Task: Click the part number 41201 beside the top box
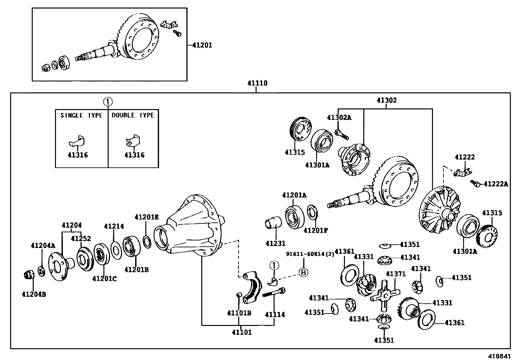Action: pyautogui.click(x=202, y=45)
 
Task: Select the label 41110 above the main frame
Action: pyautogui.click(x=257, y=83)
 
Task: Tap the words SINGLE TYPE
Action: pyautogui.click(x=81, y=115)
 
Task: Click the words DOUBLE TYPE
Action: pyautogui.click(x=133, y=115)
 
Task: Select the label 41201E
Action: pyautogui.click(x=146, y=217)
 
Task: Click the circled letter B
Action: pyautogui.click(x=304, y=272)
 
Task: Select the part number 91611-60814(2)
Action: pyautogui.click(x=310, y=254)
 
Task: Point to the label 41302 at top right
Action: pyautogui.click(x=386, y=100)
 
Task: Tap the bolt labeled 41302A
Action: pyautogui.click(x=342, y=134)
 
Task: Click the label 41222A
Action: pyautogui.click(x=496, y=184)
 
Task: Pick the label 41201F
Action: pyautogui.click(x=315, y=230)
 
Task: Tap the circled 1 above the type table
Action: pyautogui.click(x=108, y=102)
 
